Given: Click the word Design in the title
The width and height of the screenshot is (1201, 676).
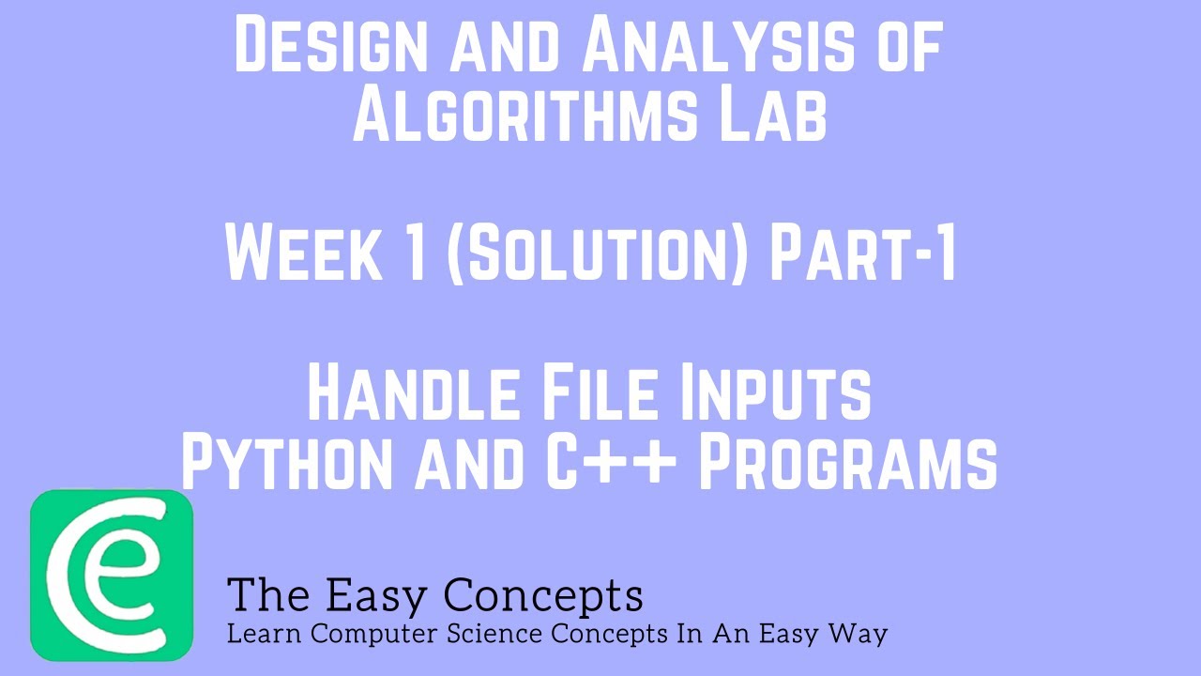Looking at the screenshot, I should (x=332, y=46).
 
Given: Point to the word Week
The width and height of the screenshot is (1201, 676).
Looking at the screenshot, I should (x=306, y=254).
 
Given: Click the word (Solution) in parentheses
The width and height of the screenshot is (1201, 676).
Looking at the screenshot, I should (x=597, y=254).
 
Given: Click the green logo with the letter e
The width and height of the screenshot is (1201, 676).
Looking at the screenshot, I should (x=112, y=575).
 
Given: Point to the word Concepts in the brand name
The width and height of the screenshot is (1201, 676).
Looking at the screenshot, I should (x=543, y=595).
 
